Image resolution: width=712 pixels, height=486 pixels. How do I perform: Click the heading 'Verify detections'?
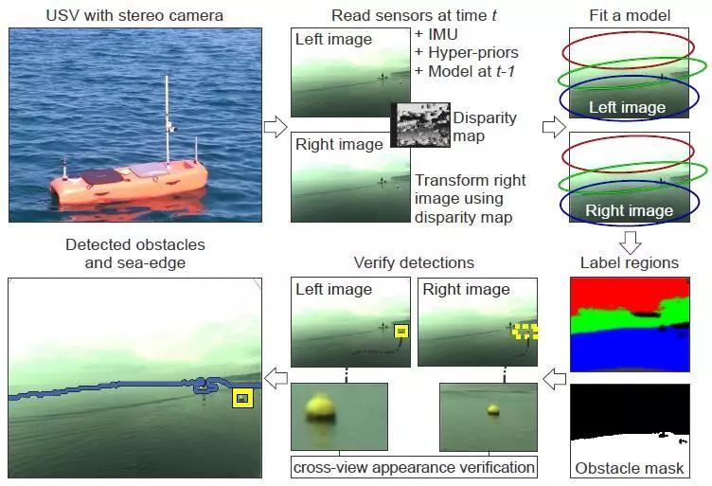(x=414, y=262)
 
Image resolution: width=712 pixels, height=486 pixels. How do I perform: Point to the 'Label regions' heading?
(x=629, y=262)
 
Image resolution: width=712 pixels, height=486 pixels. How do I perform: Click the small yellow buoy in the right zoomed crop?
(x=492, y=409)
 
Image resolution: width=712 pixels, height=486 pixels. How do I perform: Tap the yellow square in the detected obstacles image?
(x=243, y=398)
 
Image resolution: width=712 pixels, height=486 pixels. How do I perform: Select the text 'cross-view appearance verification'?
(x=414, y=467)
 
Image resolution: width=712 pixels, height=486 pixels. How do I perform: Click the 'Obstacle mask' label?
(x=629, y=468)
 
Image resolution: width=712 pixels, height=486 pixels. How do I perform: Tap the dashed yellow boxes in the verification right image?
(x=525, y=332)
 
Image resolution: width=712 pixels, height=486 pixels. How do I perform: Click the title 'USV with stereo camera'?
(x=135, y=15)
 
